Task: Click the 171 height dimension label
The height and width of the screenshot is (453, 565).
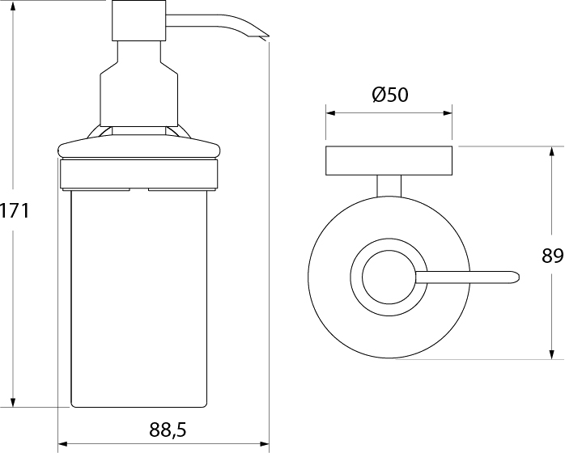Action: [15, 210]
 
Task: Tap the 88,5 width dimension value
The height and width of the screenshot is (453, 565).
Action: [168, 430]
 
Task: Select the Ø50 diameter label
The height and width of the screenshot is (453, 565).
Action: [390, 95]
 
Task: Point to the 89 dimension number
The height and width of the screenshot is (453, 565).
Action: [552, 256]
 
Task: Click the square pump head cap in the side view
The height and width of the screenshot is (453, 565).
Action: [139, 20]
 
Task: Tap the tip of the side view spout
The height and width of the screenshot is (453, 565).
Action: [269, 36]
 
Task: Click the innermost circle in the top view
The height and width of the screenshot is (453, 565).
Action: [389, 277]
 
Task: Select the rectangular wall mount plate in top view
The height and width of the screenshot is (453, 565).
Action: [389, 161]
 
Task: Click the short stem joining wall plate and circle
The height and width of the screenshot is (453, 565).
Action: [389, 186]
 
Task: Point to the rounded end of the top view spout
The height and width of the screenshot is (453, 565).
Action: [517, 277]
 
